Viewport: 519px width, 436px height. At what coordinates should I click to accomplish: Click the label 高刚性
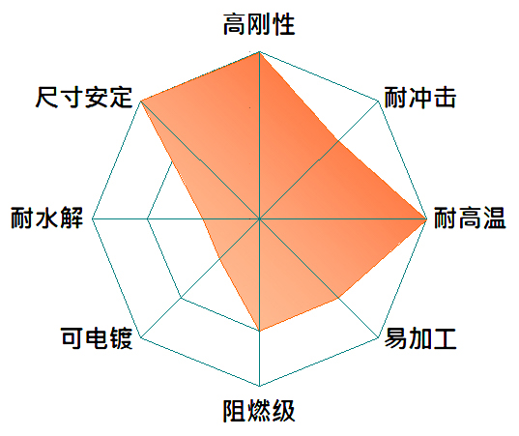point(259,24)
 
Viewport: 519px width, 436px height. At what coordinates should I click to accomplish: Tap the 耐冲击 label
point(420,98)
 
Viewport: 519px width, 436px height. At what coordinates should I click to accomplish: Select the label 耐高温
point(470,218)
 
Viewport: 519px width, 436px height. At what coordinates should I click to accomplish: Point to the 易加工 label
point(420,338)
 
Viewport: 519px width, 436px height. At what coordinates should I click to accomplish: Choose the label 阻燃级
point(259,411)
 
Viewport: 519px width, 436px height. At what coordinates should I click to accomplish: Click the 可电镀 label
point(97,338)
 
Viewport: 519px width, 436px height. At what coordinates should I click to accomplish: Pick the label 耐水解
point(47,218)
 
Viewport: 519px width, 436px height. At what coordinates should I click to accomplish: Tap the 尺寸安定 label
point(84,98)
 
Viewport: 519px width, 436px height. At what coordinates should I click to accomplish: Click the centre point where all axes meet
point(259,218)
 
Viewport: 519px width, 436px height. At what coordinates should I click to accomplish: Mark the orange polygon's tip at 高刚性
point(259,52)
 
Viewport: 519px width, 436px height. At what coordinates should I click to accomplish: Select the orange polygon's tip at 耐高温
point(426,218)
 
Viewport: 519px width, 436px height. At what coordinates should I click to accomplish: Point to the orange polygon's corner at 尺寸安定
point(141,101)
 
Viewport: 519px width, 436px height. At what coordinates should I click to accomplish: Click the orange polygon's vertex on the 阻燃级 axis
point(259,331)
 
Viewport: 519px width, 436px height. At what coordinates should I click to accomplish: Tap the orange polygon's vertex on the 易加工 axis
point(338,298)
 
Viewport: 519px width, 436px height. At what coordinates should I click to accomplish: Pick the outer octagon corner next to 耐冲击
point(378,101)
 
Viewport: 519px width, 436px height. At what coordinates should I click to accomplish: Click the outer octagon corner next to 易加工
point(378,337)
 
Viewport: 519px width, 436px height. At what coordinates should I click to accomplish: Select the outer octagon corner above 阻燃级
point(259,386)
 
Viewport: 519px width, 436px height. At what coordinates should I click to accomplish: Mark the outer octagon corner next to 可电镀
point(141,337)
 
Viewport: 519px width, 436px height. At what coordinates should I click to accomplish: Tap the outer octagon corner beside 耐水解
point(93,218)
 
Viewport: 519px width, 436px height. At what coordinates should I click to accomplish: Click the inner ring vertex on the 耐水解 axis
point(148,218)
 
